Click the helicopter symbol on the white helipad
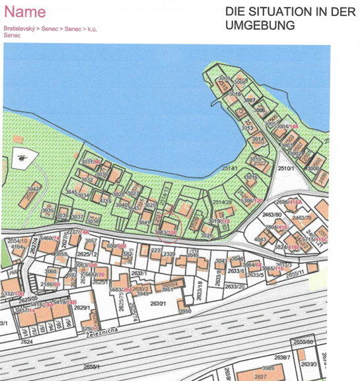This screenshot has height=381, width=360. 22,159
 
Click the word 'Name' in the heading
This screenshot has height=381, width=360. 24,11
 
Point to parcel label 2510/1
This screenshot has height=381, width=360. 289,169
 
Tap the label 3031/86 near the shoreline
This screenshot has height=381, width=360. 90,162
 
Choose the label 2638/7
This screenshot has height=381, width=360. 283,357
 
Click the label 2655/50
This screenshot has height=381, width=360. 303,342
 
